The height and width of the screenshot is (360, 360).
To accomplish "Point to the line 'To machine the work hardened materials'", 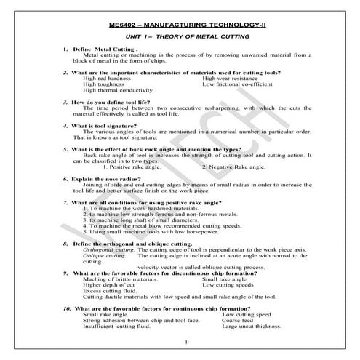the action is pyautogui.click(x=137, y=208).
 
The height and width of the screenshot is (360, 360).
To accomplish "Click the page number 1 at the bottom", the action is pyautogui.click(x=187, y=342).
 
